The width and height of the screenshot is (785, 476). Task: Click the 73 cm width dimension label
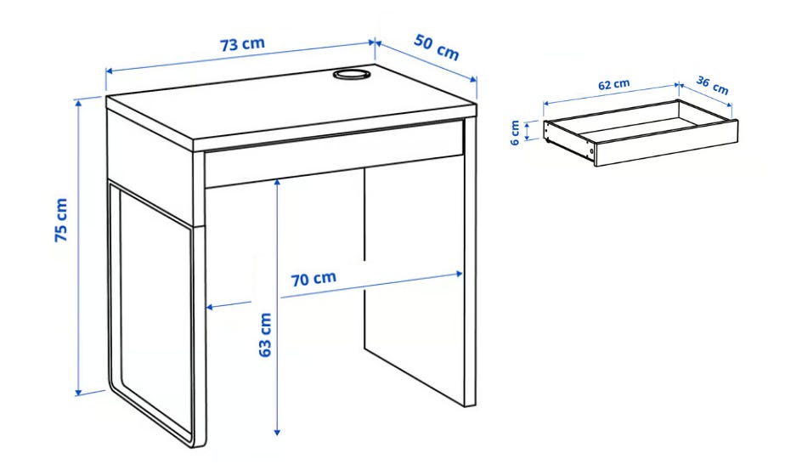[x=242, y=44]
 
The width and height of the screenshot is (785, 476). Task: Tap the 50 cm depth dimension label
[x=437, y=48]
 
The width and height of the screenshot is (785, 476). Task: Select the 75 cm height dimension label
[x=61, y=220]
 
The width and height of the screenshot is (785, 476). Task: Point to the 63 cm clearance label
[x=265, y=335]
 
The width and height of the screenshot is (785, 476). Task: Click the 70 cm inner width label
[x=313, y=279]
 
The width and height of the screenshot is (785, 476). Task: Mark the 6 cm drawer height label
[x=515, y=133]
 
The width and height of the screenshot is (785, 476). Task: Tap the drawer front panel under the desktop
[x=333, y=153]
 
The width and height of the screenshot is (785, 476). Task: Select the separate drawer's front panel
[x=666, y=142]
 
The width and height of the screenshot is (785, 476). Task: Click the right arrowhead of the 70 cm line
[x=459, y=274]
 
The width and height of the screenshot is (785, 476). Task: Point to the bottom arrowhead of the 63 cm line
[x=277, y=431]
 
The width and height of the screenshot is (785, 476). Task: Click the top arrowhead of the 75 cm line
[x=78, y=103]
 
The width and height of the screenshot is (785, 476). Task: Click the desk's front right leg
[x=470, y=262]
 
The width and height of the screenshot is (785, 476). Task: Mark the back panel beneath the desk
[x=414, y=280]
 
